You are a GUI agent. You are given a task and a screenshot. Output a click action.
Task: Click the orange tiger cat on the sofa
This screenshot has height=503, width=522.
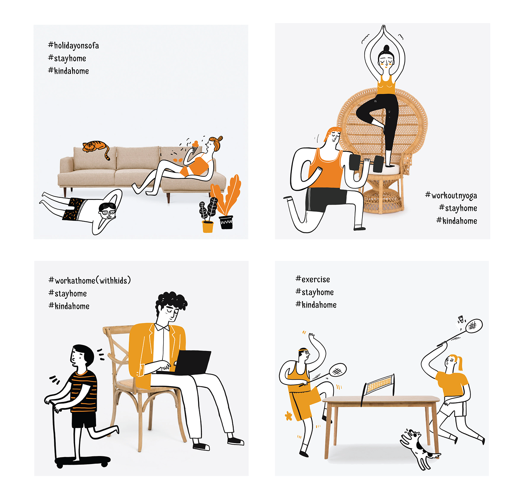pos(95,148)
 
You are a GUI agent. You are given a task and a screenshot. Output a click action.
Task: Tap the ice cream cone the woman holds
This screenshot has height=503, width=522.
pos(195,146)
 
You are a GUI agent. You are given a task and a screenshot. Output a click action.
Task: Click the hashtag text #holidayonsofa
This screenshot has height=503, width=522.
pos(73,46)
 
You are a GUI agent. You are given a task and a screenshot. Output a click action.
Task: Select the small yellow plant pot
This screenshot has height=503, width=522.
pos(207,226)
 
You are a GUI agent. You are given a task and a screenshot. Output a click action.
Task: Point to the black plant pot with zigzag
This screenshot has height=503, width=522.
pos(226,222)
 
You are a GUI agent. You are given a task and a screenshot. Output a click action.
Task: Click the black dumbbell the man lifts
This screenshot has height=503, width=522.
pos(366,163)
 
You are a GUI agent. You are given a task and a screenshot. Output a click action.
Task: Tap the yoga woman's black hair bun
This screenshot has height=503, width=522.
pos(386,48)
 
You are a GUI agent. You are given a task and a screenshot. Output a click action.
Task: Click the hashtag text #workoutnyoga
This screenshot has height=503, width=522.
pos(451,196)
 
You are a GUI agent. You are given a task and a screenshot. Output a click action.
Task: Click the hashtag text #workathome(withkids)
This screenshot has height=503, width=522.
pos(89,281)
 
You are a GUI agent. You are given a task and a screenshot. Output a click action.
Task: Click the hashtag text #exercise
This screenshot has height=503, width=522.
pos(313,279)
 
